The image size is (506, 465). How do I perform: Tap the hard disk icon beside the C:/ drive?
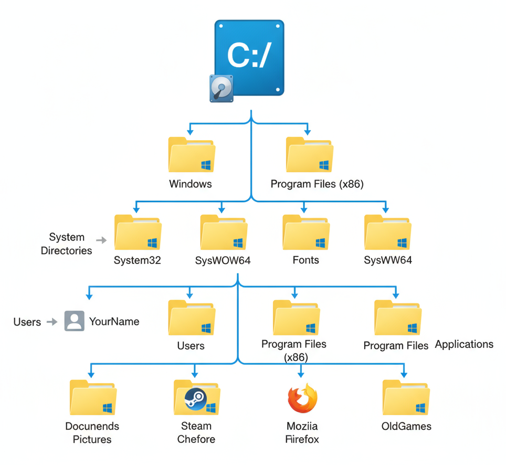[x=221, y=88]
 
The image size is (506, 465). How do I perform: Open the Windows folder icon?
[x=191, y=155]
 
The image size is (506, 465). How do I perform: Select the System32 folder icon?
[x=138, y=232]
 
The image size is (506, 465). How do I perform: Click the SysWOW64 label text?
[x=223, y=260]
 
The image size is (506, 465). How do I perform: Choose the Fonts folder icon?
[x=305, y=232]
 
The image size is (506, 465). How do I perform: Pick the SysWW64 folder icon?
[x=388, y=232]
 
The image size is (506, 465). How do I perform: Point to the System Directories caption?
[x=67, y=244]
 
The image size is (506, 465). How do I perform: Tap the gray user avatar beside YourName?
[x=74, y=321]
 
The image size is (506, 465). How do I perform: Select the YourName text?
[x=114, y=321]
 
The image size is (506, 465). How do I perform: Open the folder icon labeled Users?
[x=191, y=318]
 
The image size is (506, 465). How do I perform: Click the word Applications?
[x=464, y=344]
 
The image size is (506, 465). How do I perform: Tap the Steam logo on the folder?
[x=196, y=399]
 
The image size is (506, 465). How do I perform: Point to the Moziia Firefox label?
[x=302, y=432]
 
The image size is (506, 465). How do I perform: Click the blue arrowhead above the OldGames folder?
[x=404, y=374]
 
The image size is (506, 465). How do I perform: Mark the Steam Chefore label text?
[x=196, y=432]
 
